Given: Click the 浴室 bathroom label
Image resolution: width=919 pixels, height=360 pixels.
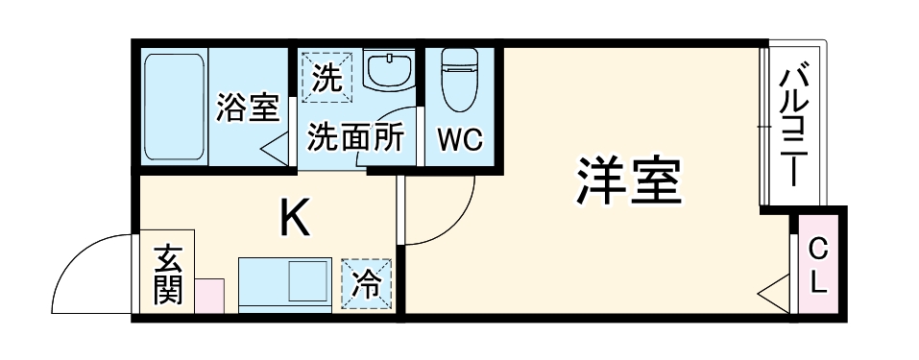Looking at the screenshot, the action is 247,106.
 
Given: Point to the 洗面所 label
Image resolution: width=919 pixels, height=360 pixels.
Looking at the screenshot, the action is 354,138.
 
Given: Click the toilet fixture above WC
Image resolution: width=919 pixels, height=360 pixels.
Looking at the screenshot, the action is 460,80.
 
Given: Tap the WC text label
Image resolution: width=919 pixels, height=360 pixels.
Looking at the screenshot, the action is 460,140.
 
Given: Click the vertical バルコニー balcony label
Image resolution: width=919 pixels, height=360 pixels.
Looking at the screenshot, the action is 793,125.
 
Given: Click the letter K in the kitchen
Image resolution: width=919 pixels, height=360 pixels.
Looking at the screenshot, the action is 294,219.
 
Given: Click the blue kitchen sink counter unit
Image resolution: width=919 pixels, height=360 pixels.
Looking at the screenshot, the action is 284,282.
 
